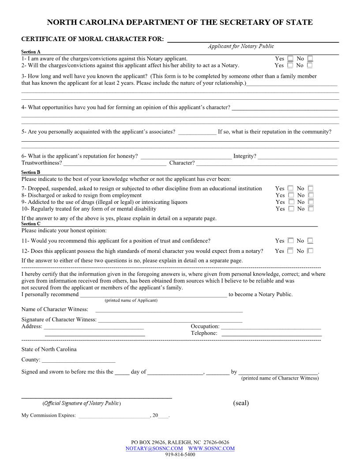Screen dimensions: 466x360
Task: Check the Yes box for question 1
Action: coord(290,58)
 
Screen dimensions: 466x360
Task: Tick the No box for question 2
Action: coord(310,65)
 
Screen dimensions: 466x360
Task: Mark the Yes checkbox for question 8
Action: coord(291,195)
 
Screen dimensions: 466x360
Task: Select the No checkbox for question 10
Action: coord(311,209)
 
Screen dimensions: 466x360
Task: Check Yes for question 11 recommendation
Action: coord(290,241)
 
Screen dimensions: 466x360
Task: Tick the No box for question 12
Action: coord(310,251)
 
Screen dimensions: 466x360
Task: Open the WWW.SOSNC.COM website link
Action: coord(211,448)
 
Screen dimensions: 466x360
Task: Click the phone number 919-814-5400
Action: coord(180,455)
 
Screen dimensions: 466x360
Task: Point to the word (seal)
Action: coord(241,403)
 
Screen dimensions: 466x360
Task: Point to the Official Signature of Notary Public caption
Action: coord(82,403)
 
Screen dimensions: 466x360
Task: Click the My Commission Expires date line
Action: coord(114,416)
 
